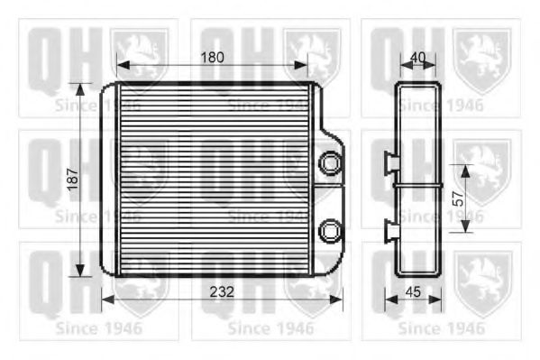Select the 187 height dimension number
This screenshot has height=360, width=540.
pos(71,180)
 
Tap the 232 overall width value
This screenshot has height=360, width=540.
pos(222,291)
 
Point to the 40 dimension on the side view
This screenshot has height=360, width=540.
pos(416,56)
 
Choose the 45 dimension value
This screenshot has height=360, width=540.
pos(413,291)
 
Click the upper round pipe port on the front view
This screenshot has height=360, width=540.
pos(332,162)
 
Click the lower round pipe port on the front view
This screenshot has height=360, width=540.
pos(332,229)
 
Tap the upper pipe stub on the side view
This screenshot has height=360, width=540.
pos(392,163)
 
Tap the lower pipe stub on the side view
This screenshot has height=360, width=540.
pos(392,231)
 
